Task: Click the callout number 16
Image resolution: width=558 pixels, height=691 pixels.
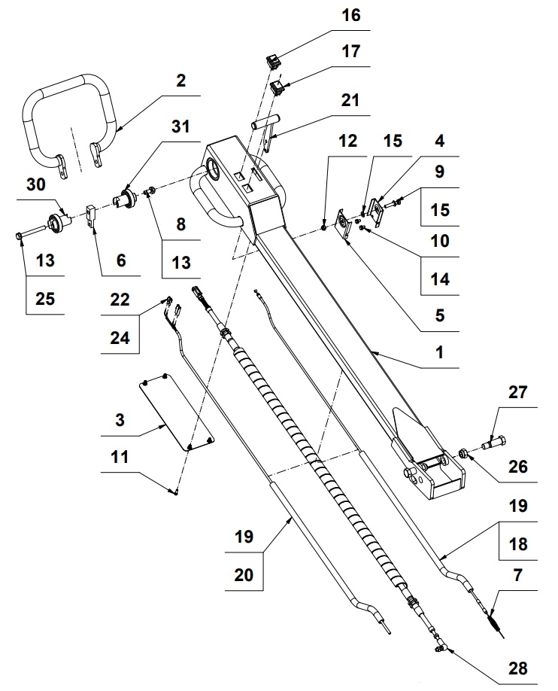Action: (351, 15)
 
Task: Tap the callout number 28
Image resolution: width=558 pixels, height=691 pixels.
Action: (518, 668)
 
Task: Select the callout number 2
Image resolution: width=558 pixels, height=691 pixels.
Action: (181, 81)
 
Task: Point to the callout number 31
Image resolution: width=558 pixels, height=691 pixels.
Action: (180, 126)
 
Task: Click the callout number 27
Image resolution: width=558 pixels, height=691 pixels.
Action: (518, 392)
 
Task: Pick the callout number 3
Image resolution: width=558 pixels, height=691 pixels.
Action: (120, 420)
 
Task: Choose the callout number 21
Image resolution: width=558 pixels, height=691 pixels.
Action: (350, 100)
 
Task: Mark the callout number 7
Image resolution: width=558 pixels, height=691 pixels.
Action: (518, 575)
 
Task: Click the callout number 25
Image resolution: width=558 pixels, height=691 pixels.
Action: (45, 299)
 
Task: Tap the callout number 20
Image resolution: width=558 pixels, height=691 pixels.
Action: (244, 575)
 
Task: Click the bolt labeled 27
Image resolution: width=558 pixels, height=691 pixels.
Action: (494, 442)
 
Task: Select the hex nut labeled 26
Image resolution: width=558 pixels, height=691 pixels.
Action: (464, 453)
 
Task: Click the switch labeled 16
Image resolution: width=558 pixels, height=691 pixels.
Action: (273, 62)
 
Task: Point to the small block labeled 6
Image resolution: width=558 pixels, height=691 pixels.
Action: (91, 215)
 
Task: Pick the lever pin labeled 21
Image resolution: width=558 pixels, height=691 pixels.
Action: (265, 131)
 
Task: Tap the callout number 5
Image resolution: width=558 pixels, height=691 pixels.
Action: (439, 315)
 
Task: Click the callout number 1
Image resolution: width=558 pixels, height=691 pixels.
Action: (439, 352)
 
